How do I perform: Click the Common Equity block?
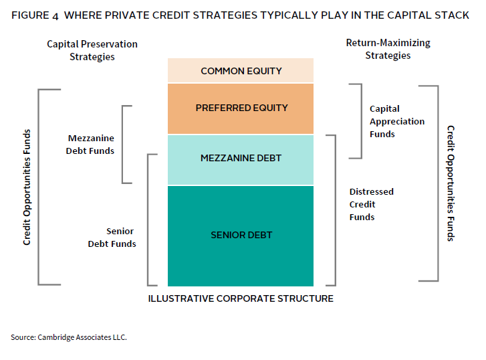241,71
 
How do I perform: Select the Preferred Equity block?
241,108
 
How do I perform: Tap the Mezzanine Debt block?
241,159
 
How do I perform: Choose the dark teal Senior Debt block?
241,235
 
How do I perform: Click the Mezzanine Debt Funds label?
91,145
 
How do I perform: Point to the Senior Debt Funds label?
112,238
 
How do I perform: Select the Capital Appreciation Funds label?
397,121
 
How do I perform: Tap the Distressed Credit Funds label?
371,204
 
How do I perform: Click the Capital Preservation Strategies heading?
92,50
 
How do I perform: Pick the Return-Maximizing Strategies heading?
388,49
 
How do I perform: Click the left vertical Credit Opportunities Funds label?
27,187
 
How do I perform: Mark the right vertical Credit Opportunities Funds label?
451,183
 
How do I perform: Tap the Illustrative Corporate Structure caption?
241,298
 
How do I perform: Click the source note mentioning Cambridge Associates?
69,337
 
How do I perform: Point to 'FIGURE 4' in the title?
33,15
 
